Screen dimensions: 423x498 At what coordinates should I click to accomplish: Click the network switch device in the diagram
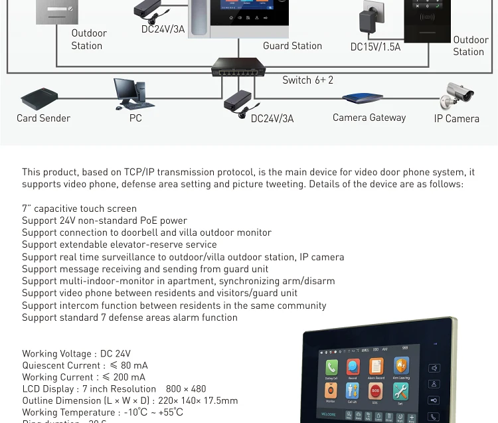pos(238,67)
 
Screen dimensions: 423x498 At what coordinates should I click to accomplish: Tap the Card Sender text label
pos(43,118)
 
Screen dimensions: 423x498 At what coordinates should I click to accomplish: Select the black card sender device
pos(39,99)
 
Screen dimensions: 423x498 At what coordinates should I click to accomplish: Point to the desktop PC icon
pos(133,94)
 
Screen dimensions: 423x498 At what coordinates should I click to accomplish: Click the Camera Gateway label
pos(369,118)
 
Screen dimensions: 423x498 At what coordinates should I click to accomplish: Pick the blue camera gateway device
pos(363,99)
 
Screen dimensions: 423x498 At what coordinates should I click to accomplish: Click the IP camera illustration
pos(457,96)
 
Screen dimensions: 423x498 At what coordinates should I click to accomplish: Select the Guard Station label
pos(292,46)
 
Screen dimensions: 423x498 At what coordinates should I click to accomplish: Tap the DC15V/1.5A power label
pos(375,47)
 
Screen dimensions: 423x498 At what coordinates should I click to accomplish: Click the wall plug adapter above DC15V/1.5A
pos(372,19)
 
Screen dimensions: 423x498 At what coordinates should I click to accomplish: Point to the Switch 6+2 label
pos(307,80)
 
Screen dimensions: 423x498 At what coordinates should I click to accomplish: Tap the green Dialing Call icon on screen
pos(331,368)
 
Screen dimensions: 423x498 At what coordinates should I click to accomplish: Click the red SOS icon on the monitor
pos(375,392)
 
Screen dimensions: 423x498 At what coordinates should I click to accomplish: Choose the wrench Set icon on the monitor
pos(400,392)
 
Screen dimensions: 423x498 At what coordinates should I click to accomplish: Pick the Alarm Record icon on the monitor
pos(376,367)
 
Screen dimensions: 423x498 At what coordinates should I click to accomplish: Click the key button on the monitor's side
pos(434,400)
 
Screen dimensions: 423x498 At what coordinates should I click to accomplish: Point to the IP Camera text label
pos(457,119)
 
